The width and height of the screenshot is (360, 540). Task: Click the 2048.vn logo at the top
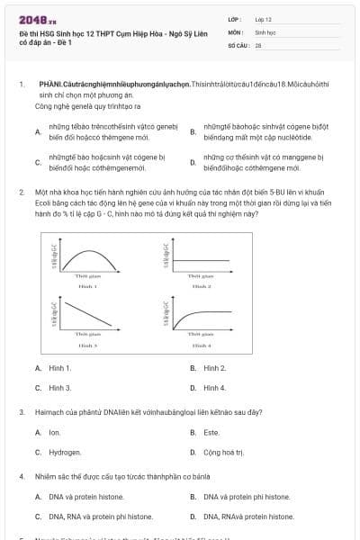31,19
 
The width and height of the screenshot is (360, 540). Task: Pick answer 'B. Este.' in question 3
207,432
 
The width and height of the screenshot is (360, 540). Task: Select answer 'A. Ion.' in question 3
49,432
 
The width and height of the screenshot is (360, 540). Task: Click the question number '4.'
21,475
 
